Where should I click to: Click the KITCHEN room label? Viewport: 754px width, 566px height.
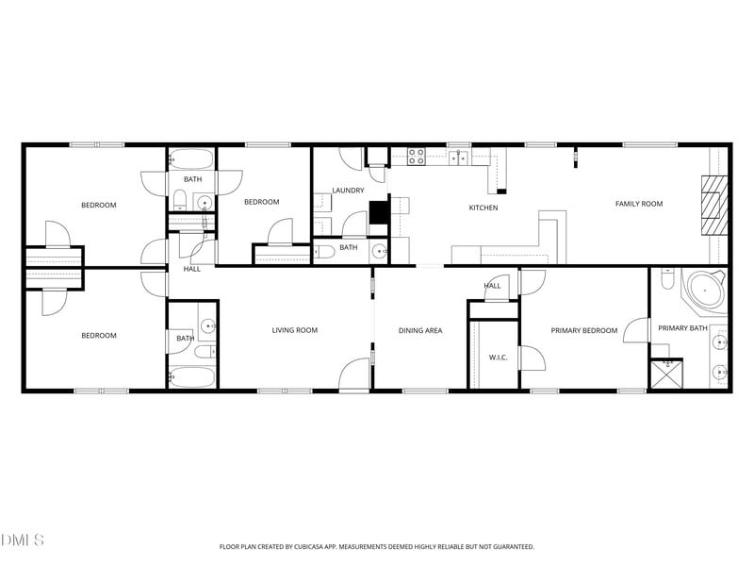point(484,208)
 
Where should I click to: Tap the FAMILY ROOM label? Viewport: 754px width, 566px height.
point(639,204)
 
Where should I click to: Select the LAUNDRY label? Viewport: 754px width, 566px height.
point(348,191)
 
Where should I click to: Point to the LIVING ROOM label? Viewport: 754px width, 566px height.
point(295,330)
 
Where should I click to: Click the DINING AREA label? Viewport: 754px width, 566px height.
point(420,330)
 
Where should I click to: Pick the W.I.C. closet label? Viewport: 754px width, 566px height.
point(499,358)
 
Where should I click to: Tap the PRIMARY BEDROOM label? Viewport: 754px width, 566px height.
point(584,330)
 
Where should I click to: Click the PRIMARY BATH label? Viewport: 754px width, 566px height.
point(682,328)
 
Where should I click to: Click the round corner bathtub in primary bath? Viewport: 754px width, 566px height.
point(705,291)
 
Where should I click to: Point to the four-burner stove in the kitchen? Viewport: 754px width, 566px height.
point(417,157)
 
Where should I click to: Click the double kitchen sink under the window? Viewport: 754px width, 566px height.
point(459,158)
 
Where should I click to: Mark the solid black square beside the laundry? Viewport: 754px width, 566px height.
point(380,212)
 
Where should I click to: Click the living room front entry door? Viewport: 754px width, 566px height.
point(354,375)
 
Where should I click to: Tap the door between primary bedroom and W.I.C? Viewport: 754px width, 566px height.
point(531,358)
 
